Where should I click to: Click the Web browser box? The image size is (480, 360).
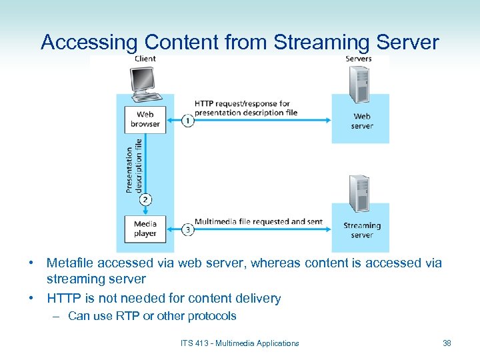tap(145, 119)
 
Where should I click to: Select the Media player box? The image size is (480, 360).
tap(145, 229)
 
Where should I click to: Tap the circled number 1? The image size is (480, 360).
tap(188, 121)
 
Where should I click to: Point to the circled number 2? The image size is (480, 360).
tap(145, 200)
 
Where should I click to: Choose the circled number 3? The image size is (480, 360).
tap(188, 230)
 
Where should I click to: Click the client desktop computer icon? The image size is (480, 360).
tap(145, 84)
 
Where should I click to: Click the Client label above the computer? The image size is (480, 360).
tap(145, 59)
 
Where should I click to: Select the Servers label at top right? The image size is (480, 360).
tap(359, 59)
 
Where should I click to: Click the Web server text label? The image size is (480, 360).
tap(362, 121)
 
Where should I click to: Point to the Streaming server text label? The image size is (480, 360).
tap(362, 230)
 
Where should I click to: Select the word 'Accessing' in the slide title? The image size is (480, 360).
tap(88, 42)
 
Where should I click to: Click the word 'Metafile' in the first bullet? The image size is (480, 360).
tap(71, 263)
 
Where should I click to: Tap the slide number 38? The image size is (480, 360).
tap(447, 343)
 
